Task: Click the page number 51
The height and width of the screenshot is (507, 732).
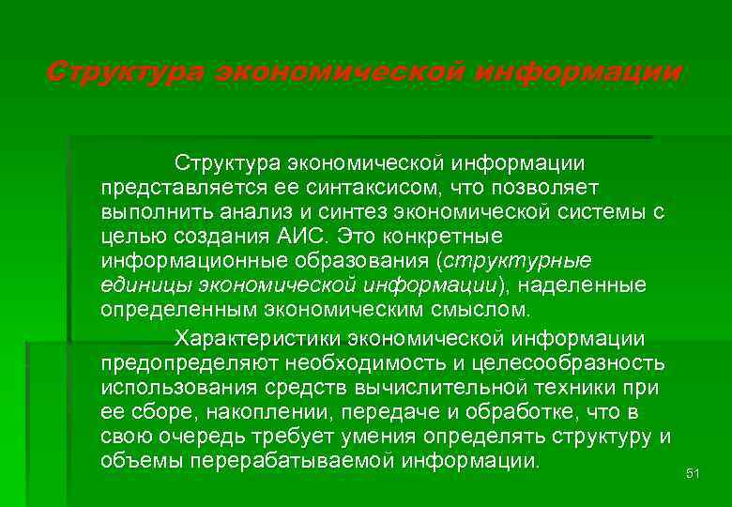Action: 694,473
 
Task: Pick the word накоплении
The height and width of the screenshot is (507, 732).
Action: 265,411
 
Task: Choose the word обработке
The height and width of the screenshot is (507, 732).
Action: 521,411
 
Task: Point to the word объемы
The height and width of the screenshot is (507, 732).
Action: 142,461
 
